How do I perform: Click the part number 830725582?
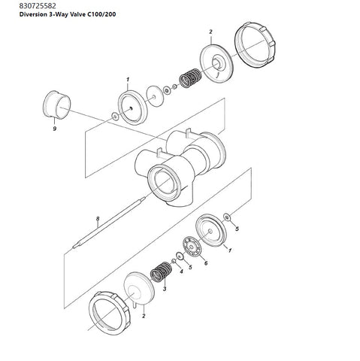pyautogui.click(x=38, y=6)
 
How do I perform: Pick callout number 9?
pyautogui.click(x=55, y=129)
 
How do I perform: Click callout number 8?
pyautogui.click(x=98, y=219)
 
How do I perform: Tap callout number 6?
pyautogui.click(x=206, y=263)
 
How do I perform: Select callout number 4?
pyautogui.click(x=182, y=272)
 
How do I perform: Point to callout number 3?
pyautogui.click(x=165, y=289)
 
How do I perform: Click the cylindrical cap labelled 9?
pyautogui.click(x=56, y=105)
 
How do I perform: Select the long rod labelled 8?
pyautogui.click(x=109, y=223)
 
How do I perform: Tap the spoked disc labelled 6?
pyautogui.click(x=192, y=247)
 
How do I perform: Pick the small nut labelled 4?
pyautogui.click(x=174, y=262)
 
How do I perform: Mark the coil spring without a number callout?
pyautogui.click(x=191, y=78)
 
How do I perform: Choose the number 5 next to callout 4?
pyautogui.click(x=190, y=267)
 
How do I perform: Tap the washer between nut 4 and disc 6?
pyautogui.click(x=180, y=256)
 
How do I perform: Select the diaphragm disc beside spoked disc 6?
pyautogui.click(x=211, y=230)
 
